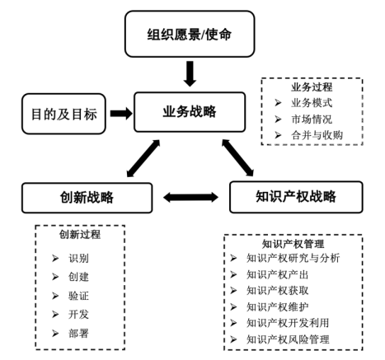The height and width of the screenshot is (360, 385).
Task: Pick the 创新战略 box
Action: (x=87, y=198)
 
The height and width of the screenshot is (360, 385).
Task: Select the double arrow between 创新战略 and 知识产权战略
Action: (x=191, y=199)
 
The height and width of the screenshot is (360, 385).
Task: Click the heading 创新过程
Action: (x=80, y=235)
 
